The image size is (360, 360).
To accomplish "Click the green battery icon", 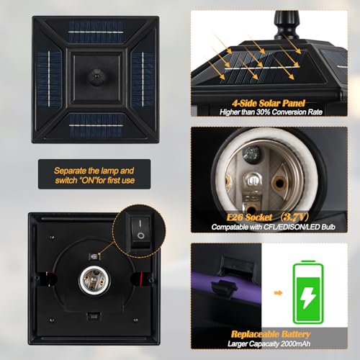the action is (308, 292).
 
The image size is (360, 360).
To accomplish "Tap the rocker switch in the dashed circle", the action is (141, 232).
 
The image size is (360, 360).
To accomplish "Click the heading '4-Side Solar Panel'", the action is (269, 103).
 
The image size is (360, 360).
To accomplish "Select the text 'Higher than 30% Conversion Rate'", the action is (271, 112).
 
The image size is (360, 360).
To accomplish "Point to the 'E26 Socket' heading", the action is (249, 217).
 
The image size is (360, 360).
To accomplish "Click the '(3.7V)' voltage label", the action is (294, 217).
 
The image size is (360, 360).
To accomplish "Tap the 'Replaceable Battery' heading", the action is (271, 334).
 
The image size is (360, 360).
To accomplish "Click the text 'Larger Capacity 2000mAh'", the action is (269, 343).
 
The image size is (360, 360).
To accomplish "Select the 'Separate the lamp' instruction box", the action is (94, 174).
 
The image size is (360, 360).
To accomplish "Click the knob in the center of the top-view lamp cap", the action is (96, 77).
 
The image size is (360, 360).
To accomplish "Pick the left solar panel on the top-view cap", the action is (49, 78).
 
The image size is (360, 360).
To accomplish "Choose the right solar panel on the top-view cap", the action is (143, 79).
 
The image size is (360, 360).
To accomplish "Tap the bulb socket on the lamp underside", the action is (94, 280).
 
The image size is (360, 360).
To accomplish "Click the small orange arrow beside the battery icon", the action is (278, 293).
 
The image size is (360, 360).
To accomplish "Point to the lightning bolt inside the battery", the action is (308, 297).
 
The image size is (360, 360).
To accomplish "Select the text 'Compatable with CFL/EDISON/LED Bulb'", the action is (274, 227).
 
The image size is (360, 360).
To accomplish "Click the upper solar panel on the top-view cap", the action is (96, 32).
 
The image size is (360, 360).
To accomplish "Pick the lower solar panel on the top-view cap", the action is (96, 125).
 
